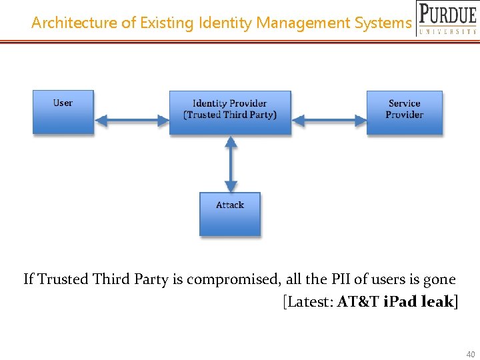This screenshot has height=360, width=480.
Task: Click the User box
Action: [x=63, y=112]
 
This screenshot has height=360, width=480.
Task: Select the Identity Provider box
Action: [x=230, y=113]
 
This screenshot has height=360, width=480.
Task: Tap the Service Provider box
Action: [x=405, y=113]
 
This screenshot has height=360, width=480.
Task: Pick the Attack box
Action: [x=230, y=214]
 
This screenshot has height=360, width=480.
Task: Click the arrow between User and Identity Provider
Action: [x=131, y=120]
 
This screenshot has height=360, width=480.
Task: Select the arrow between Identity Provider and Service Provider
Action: [x=329, y=120]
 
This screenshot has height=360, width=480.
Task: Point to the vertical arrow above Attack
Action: [x=231, y=164]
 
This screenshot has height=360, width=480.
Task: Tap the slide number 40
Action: [x=471, y=354]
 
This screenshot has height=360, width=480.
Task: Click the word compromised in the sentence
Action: [x=233, y=279]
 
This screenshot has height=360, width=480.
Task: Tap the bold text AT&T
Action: [x=358, y=301]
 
